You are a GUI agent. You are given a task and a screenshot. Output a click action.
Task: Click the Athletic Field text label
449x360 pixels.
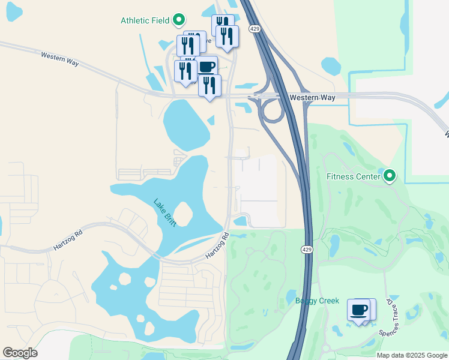pyautogui.click(x=145, y=20)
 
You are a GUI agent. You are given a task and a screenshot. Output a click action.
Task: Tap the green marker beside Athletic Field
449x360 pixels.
pyautogui.click(x=178, y=20)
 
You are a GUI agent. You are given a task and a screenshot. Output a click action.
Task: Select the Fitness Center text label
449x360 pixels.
pyautogui.click(x=353, y=176)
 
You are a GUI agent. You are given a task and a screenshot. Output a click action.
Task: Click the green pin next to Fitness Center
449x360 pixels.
pyautogui.click(x=390, y=176)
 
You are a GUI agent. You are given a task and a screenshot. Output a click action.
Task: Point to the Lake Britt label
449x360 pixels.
pyautogui.click(x=164, y=212)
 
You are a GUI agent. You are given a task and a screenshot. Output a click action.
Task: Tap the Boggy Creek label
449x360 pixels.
pyautogui.click(x=317, y=301)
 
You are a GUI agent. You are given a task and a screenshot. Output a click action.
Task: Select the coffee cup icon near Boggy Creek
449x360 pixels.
pyautogui.click(x=359, y=310)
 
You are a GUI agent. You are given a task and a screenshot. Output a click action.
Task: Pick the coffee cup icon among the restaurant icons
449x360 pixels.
pyautogui.click(x=206, y=67)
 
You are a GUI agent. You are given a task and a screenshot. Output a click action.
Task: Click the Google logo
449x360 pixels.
pyautogui.click(x=20, y=353)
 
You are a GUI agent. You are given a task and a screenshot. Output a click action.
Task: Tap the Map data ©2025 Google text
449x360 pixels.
pyautogui.click(x=412, y=355)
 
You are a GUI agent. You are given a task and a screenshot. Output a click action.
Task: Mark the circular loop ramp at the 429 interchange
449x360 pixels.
pyautogui.click(x=271, y=111)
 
